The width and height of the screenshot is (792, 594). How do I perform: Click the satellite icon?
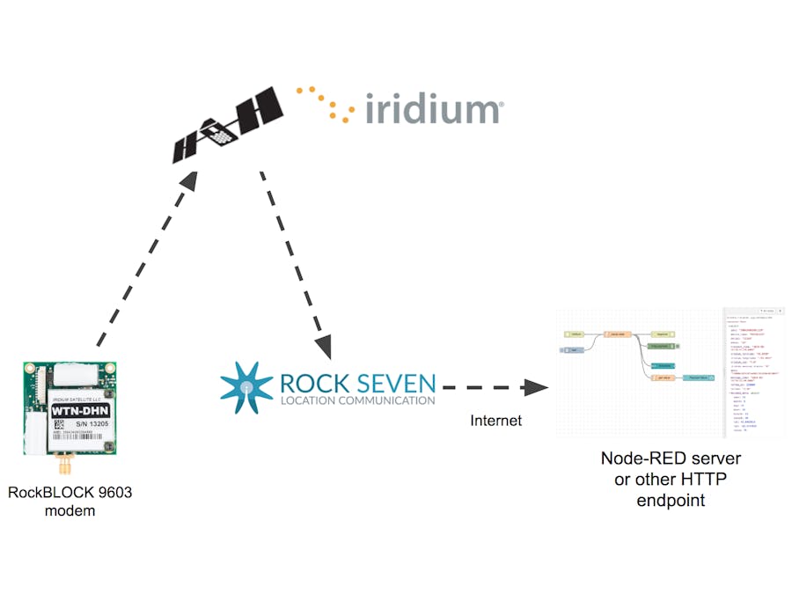pyautogui.click(x=228, y=124)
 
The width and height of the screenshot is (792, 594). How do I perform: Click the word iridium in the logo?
pyautogui.click(x=433, y=109)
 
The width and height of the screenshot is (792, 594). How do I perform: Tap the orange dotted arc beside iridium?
pyautogui.click(x=325, y=102)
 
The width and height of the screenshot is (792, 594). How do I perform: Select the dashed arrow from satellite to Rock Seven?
pyautogui.click(x=295, y=264)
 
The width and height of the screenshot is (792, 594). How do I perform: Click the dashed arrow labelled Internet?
pyautogui.click(x=493, y=386)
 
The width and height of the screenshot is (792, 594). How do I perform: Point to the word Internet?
pyautogui.click(x=495, y=421)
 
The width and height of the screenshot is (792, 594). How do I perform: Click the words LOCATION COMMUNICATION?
pyautogui.click(x=356, y=400)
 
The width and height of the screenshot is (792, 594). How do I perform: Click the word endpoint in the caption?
pyautogui.click(x=671, y=501)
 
